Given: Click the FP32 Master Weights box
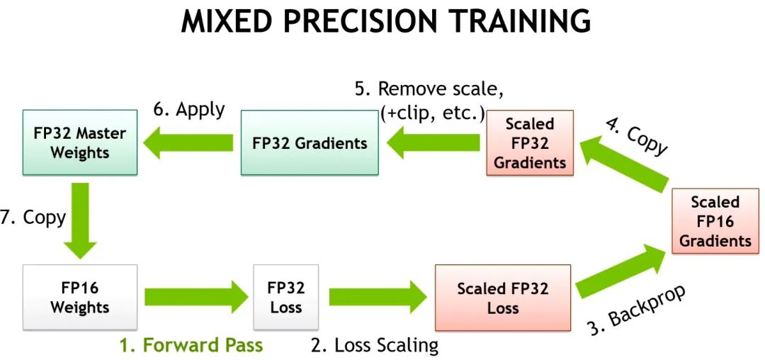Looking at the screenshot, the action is pos(80,142).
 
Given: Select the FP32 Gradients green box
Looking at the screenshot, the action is pos(310,142).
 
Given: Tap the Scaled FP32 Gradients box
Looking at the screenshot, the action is pos(530,142).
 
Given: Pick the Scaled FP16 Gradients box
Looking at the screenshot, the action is pos(715,221).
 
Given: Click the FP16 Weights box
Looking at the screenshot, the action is pos(80,298).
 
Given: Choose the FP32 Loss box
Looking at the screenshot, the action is pos(286,298).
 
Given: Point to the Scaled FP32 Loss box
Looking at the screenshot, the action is pos(502,298).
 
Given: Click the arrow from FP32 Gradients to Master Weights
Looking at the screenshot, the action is pos(188,142).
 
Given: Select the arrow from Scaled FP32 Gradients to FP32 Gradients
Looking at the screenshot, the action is pos(433,142).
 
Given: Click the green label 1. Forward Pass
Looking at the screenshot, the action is pos(191,345).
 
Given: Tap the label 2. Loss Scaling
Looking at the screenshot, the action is pos(375,345).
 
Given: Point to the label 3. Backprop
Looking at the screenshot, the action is pos(637,309).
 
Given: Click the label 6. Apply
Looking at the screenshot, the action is pos(189,110).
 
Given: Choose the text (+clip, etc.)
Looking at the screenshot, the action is pos(432,113).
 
